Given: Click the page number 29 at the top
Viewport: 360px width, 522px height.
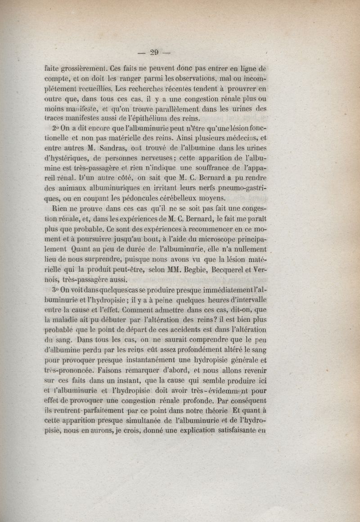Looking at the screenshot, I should point(154,53).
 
